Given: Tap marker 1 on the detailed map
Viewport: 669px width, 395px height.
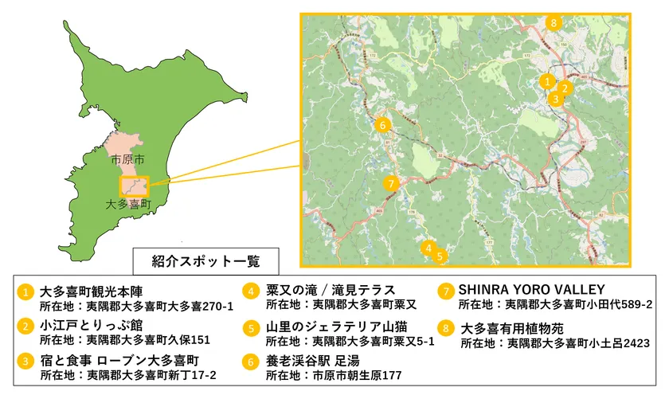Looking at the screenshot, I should (546, 80).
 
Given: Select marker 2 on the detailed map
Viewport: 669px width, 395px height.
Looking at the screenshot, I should (564, 88).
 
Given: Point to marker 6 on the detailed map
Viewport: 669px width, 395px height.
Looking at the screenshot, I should (382, 125).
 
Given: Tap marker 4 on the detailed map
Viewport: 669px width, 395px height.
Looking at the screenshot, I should (428, 248).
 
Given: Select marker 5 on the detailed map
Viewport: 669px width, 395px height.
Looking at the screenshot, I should (440, 256).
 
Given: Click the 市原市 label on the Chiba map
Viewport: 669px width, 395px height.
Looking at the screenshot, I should (128, 159).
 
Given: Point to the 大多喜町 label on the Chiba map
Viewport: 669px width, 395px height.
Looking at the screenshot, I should (128, 205).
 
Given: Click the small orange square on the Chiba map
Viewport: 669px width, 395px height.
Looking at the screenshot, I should (133, 186).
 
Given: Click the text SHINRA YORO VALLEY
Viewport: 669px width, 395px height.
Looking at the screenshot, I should (531, 289).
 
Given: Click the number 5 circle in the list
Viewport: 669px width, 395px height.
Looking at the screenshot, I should (252, 327).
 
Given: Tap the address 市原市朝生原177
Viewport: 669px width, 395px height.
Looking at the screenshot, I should (357, 374).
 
